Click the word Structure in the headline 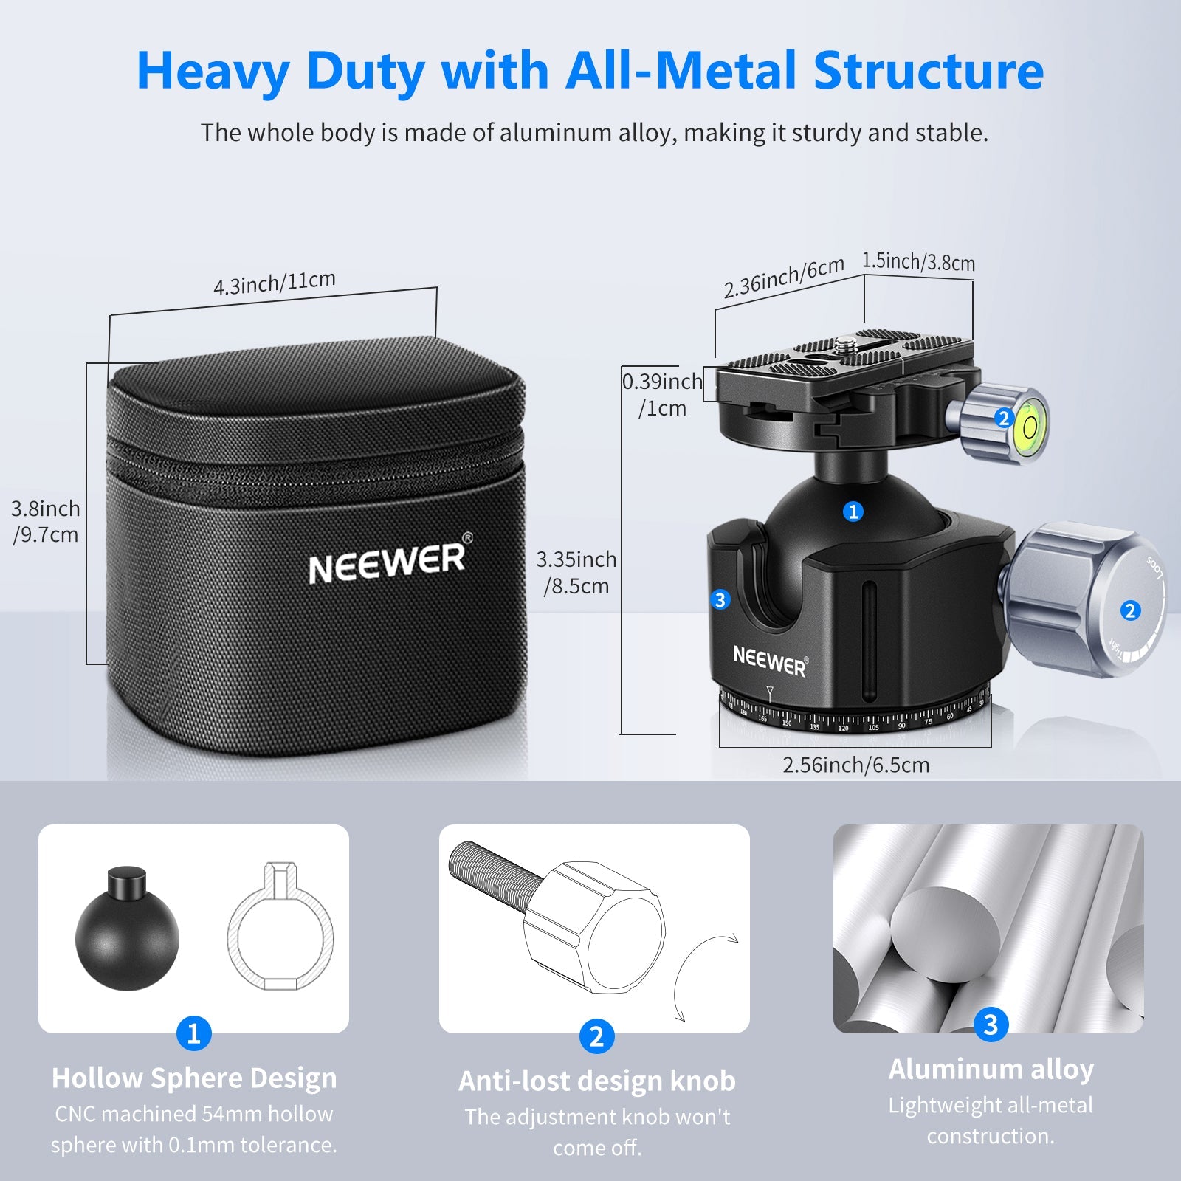pos(928,71)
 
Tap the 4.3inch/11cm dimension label pos(274,283)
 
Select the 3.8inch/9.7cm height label pos(45,521)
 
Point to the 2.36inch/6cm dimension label pos(783,278)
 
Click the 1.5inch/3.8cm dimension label pos(918,262)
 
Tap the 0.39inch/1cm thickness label pos(662,394)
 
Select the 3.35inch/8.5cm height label pos(576,572)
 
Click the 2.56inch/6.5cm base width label pos(855,765)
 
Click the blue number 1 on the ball pos(853,511)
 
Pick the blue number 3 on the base pos(720,599)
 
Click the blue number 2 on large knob pos(1129,610)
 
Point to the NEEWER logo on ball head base pos(770,660)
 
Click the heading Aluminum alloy pos(991,1069)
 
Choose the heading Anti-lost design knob pos(596,1081)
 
